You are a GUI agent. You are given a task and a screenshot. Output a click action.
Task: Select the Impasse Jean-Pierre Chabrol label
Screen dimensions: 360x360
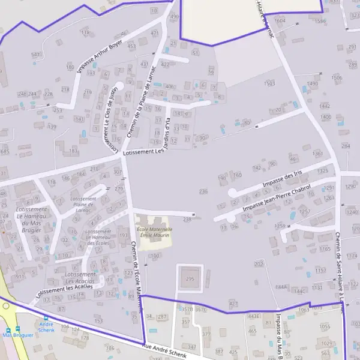pos(277,199)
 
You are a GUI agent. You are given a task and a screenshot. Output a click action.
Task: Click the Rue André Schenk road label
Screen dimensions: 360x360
pos(169,351)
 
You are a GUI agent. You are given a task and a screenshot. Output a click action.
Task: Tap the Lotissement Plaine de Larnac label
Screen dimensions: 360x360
pos(83,205)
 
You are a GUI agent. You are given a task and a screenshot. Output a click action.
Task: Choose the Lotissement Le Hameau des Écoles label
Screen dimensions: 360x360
pos(97,237)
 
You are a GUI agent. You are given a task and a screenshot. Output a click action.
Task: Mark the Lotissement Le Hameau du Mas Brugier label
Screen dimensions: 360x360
pos(28,219)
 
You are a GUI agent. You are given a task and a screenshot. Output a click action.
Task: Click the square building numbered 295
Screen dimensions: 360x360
pos(190,279)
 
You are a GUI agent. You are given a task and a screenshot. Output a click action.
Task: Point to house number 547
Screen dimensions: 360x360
pos(36,55)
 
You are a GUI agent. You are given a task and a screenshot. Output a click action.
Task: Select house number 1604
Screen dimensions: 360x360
pos(280,20)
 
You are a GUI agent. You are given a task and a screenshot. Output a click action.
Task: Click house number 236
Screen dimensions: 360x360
pos(203,191)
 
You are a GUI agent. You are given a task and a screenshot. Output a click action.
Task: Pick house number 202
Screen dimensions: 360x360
pos(259,264)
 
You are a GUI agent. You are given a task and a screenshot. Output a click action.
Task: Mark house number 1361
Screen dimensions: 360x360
pos(318,154)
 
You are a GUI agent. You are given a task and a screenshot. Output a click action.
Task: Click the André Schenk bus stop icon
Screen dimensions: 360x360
pos(46,318)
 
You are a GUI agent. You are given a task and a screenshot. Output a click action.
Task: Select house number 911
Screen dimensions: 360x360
pos(20,277)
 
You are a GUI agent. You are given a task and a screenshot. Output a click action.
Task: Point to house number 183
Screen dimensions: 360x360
pos(73,151)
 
